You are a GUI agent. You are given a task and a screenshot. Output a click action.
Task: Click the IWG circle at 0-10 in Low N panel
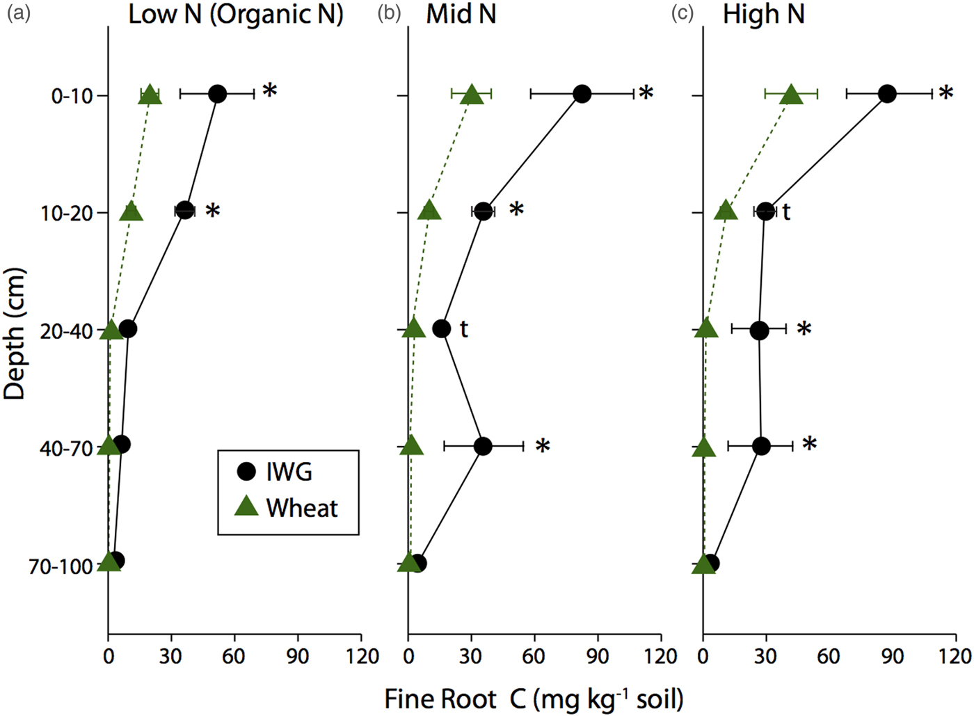[218, 94]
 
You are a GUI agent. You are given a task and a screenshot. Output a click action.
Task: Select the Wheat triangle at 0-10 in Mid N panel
[472, 95]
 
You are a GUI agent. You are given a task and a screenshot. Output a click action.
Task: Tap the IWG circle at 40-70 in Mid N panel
[484, 446]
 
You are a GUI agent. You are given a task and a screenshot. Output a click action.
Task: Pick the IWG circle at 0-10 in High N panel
[886, 93]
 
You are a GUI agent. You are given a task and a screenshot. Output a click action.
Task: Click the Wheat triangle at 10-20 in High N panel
[726, 210]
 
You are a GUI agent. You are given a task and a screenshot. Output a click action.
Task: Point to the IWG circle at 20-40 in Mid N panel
[442, 328]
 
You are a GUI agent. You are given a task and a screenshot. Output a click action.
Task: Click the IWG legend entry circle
[247, 471]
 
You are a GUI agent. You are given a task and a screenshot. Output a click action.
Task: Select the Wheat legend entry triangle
[247, 507]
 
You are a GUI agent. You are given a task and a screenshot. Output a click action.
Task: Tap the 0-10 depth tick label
[72, 95]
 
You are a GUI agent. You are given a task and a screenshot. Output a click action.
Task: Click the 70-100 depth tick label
[61, 567]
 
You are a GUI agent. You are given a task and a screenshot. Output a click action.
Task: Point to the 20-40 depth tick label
[67, 331]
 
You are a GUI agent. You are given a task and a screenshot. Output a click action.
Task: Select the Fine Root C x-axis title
[534, 699]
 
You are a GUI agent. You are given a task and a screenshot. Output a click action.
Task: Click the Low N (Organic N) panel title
[236, 15]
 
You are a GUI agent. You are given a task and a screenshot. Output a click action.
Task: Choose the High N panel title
[763, 15]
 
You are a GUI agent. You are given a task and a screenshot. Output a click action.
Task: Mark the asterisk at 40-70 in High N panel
[809, 444]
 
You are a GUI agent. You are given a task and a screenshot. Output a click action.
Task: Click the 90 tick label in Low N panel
[298, 656]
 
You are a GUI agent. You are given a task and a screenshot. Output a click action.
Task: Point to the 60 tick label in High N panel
[829, 656]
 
